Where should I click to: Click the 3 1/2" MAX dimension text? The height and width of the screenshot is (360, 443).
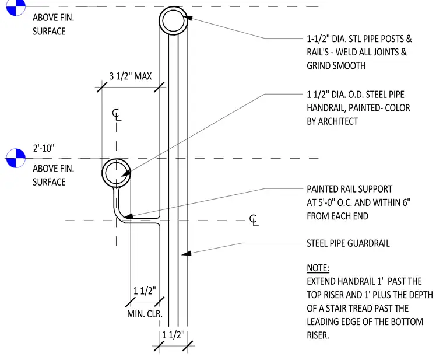(x=131, y=76)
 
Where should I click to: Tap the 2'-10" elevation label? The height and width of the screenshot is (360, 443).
(x=44, y=148)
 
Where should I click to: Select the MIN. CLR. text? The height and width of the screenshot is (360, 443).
(x=145, y=314)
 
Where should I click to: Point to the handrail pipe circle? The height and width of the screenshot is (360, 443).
(x=103, y=173)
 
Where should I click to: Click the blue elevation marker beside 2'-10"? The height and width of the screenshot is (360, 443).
(x=16, y=158)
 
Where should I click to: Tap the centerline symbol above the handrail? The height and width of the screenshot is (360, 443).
(x=117, y=114)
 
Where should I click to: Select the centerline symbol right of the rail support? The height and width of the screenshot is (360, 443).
(x=254, y=221)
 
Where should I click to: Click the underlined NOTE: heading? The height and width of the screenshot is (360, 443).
(x=318, y=268)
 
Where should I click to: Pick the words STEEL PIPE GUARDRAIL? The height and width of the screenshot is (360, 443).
(x=348, y=243)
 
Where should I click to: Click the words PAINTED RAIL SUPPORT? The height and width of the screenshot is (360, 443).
(x=350, y=189)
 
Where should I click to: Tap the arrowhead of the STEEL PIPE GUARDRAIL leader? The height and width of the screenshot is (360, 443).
(x=186, y=253)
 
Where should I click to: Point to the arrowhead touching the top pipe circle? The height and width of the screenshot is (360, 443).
(x=188, y=18)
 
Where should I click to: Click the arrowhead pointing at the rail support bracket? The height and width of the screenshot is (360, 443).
(x=129, y=216)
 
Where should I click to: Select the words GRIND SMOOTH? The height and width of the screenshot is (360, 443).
(x=336, y=65)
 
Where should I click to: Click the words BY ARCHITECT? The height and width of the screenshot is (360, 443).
(x=332, y=121)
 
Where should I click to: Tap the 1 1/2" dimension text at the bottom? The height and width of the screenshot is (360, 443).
(x=173, y=335)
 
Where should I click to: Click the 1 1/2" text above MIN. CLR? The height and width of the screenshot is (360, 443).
(x=145, y=291)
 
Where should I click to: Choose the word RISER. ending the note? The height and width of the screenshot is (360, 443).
(x=318, y=335)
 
